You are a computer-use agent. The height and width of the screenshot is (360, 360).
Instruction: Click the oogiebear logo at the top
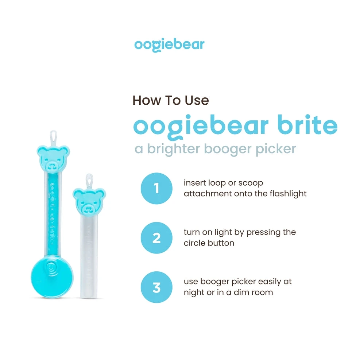(169, 45)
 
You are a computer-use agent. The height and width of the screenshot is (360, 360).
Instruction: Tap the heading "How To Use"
(171, 100)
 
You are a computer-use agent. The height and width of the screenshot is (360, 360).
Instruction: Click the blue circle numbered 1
(156, 189)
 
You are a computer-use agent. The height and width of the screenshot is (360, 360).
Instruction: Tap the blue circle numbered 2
(156, 238)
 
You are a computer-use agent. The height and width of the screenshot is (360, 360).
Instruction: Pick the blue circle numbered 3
(156, 287)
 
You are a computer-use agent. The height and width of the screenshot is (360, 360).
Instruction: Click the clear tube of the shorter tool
(89, 255)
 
